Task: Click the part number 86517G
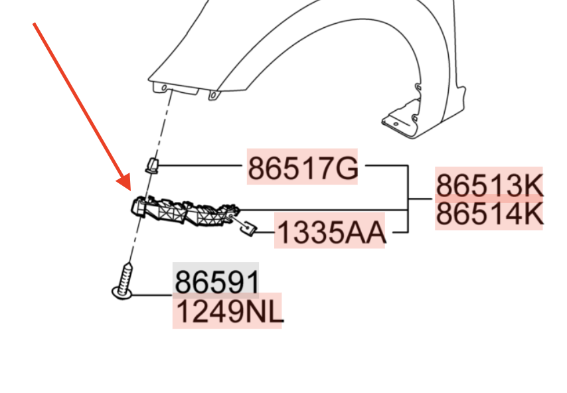coord(303,168)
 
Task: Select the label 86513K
coord(489,185)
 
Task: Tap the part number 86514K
coord(489,214)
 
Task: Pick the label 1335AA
coord(331,232)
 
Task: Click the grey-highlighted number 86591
coord(217,282)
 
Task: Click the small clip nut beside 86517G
coord(152,165)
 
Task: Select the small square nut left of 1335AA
coord(248,228)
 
